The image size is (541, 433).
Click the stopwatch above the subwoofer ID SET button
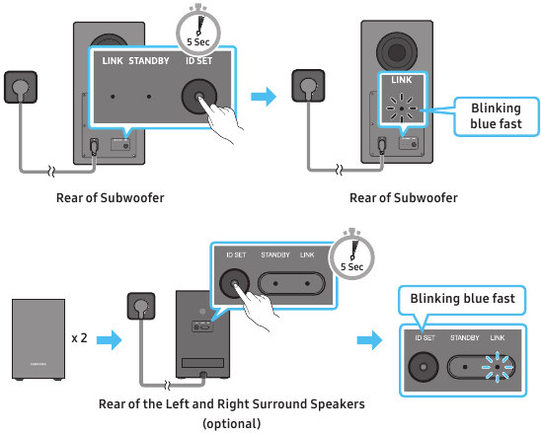[198, 31]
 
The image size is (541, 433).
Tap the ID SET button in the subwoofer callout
[199, 97]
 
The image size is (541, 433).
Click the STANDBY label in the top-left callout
[149, 61]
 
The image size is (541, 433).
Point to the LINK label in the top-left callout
[113, 61]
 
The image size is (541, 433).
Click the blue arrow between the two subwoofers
[264, 97]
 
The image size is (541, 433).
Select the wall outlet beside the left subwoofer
[21, 87]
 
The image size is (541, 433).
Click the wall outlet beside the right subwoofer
[308, 86]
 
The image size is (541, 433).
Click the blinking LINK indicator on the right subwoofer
[402, 108]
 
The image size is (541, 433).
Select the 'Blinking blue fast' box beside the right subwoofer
[497, 116]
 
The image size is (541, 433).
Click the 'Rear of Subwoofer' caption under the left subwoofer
[110, 198]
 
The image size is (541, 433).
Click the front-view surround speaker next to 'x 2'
[39, 339]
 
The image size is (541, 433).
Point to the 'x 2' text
[79, 338]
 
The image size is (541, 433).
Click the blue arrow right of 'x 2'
[109, 340]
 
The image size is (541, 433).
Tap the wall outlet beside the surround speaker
[141, 306]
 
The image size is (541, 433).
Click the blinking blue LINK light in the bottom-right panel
[498, 367]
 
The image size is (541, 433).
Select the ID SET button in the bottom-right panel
[424, 367]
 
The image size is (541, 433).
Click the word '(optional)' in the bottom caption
[232, 423]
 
